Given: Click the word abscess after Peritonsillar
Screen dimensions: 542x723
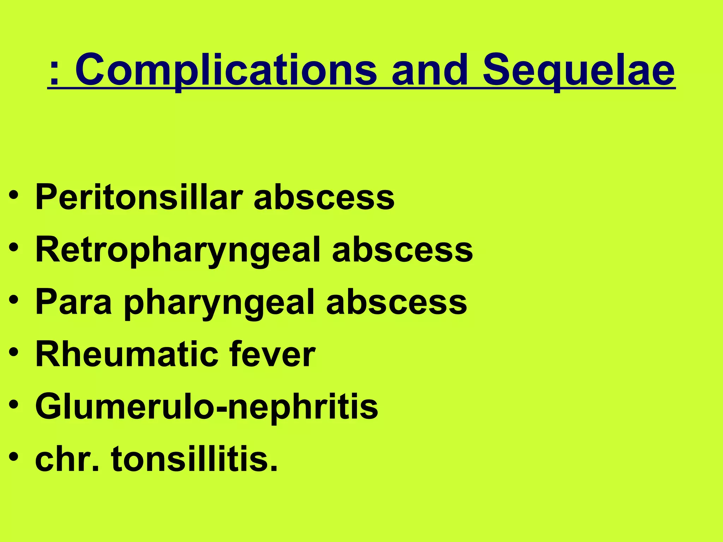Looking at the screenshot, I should (324, 198).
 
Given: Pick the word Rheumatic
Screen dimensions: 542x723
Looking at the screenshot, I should (125, 354).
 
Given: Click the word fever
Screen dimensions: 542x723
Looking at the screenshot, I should (272, 354).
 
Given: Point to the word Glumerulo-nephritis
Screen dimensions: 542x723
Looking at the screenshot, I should (207, 408).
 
